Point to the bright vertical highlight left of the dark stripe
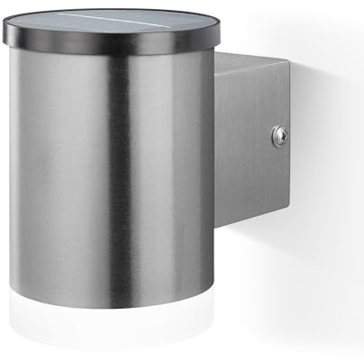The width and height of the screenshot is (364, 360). [86, 180]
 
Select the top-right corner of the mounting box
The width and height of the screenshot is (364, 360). [291, 64]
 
